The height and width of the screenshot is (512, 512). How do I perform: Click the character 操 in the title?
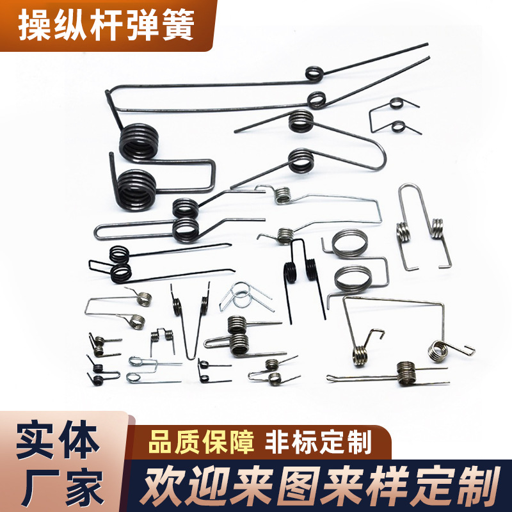(34, 25)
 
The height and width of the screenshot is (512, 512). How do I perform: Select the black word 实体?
(58, 441)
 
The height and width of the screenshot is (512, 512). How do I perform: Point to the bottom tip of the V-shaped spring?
(192, 356)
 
